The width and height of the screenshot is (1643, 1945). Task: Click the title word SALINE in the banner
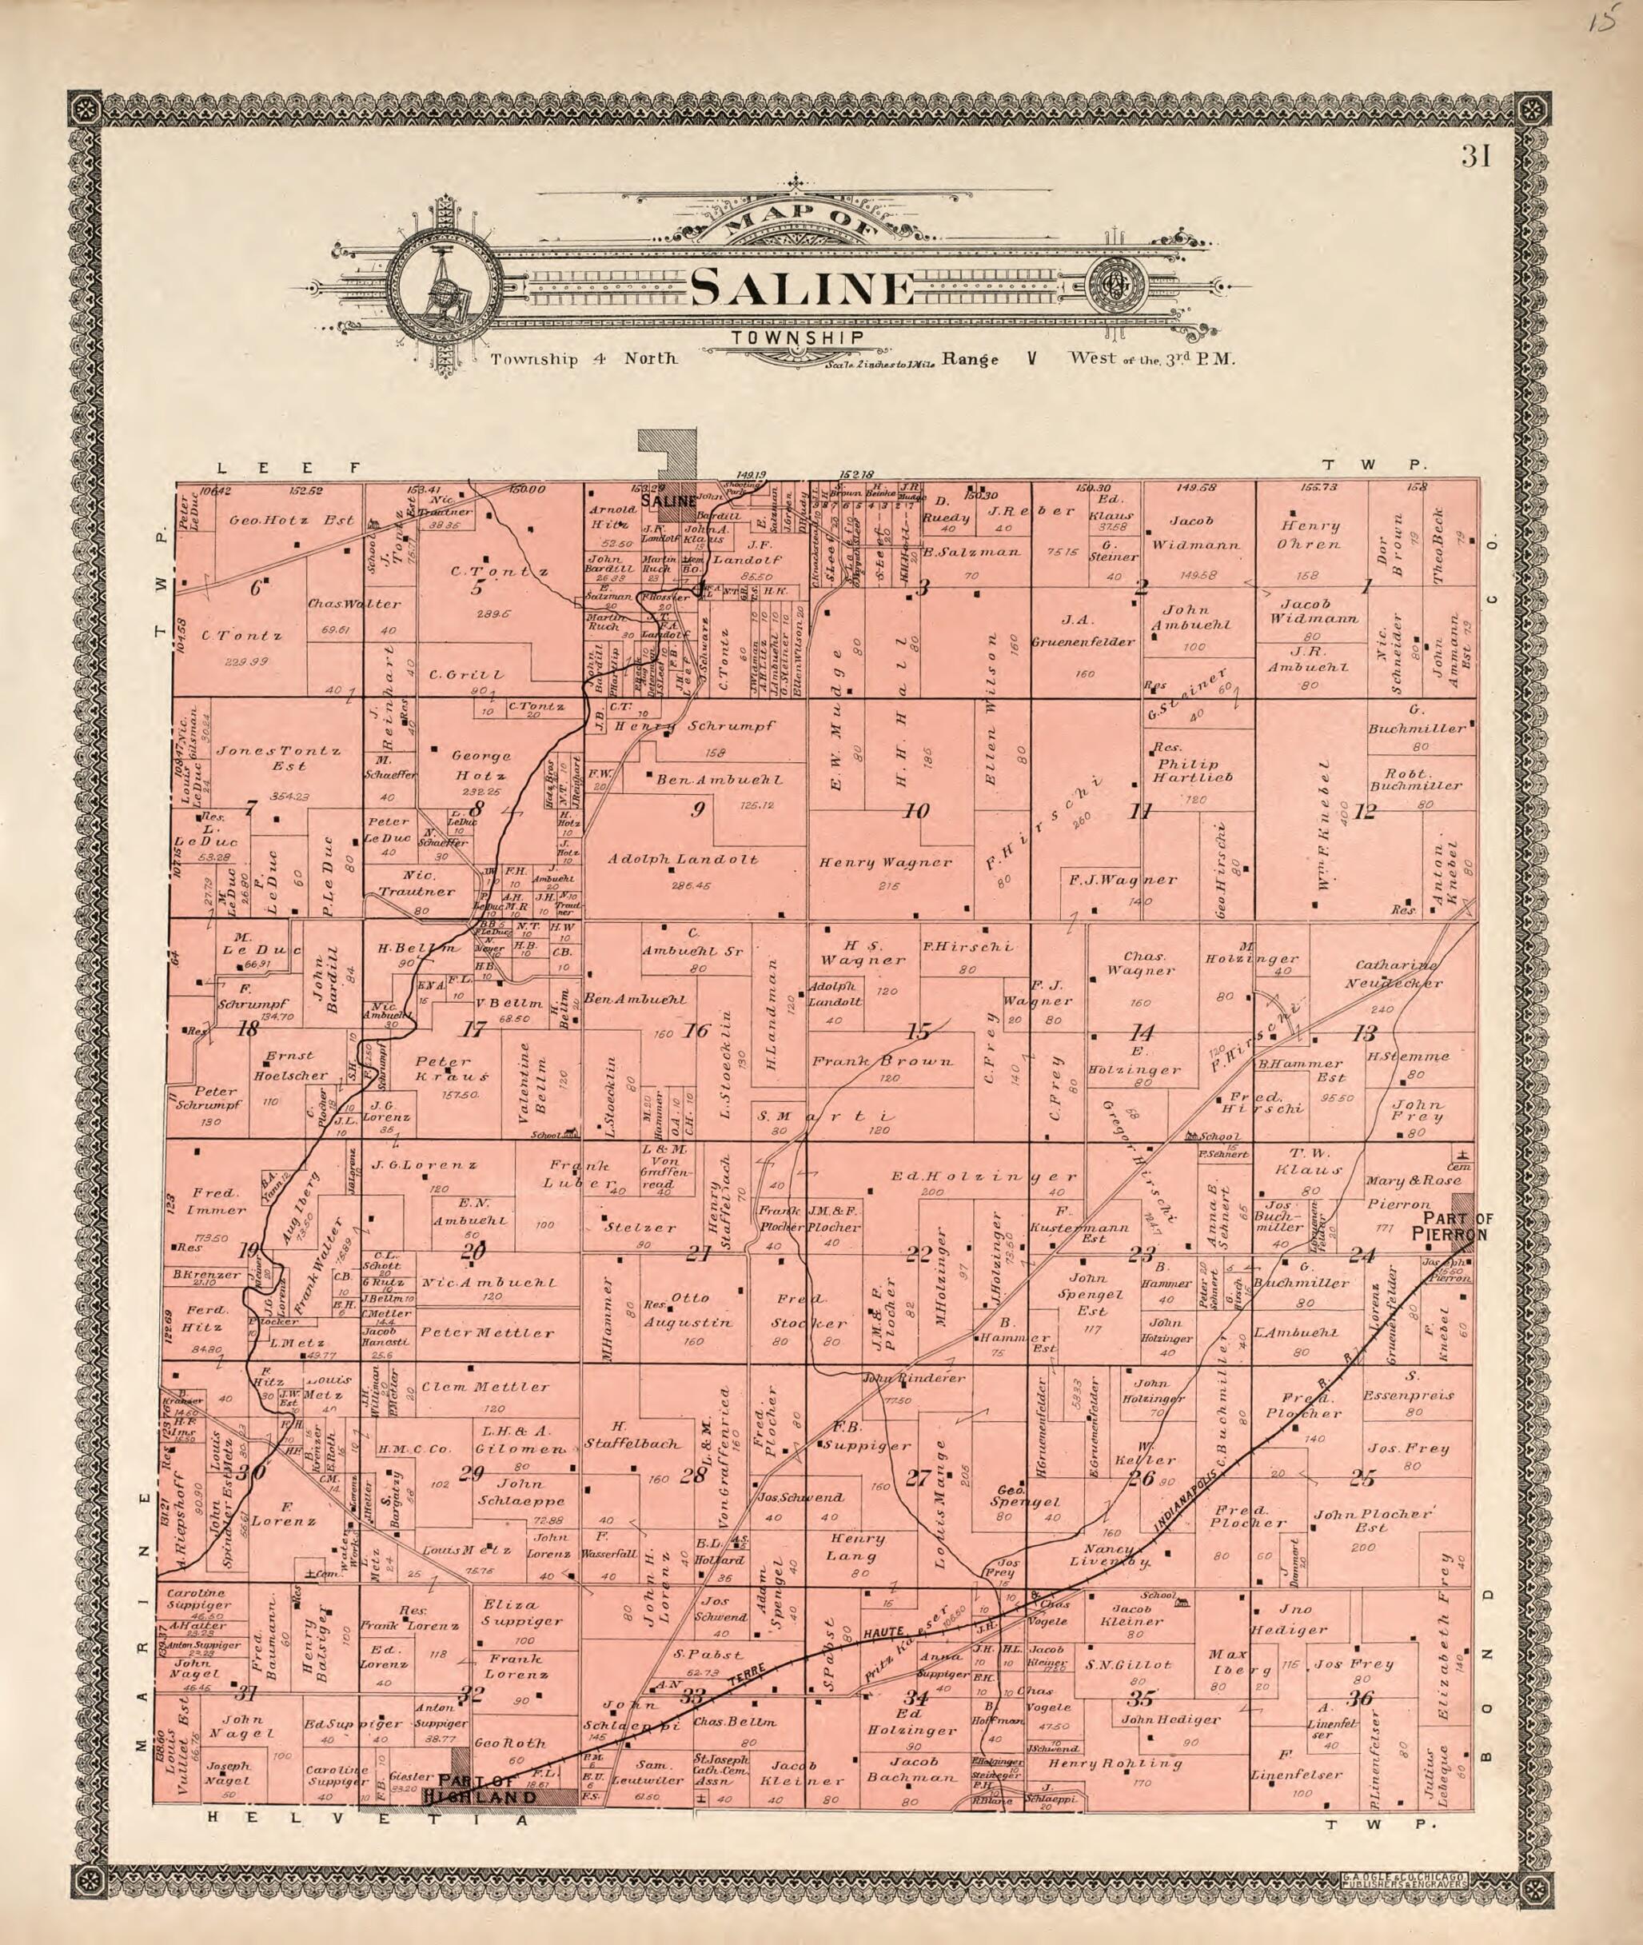pyautogui.click(x=802, y=289)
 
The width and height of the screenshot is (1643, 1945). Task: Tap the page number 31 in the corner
pyautogui.click(x=1476, y=157)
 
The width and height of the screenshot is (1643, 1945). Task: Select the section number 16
pyautogui.click(x=696, y=1030)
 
